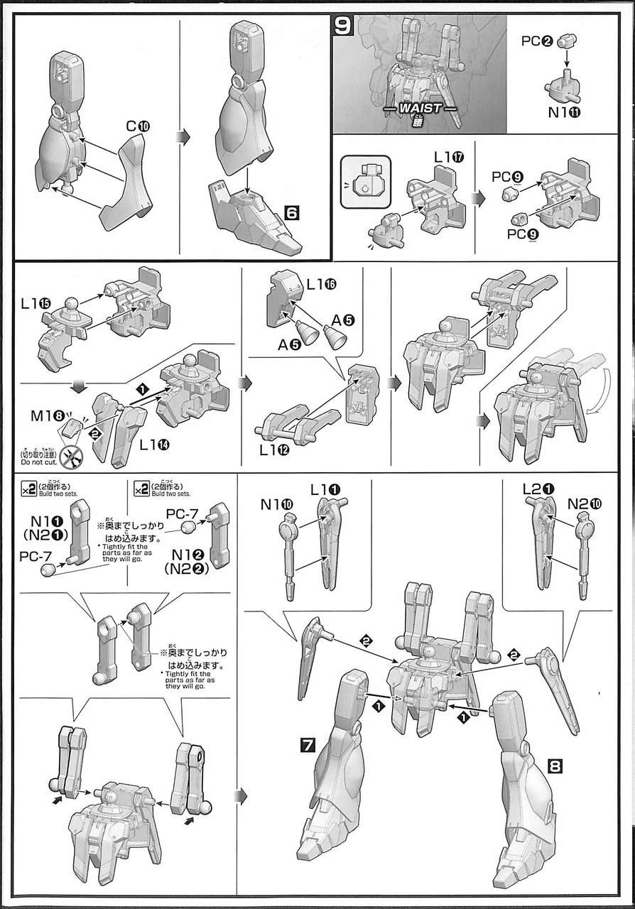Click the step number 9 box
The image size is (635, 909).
click(343, 27)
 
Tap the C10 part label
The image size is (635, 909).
click(138, 127)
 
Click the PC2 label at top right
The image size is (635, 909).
click(536, 40)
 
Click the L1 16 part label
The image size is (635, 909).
click(321, 284)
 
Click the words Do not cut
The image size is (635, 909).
click(33, 462)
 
